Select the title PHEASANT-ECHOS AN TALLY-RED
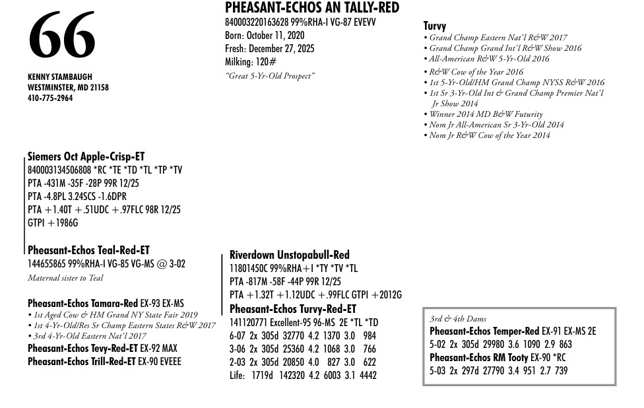tap(311, 8)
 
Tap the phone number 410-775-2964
tap(50, 98)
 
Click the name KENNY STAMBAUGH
tap(59, 77)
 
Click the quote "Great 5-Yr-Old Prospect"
tap(270, 76)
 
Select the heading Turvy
tap(434, 26)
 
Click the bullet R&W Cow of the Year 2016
tap(476, 72)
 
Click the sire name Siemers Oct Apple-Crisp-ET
tap(86, 157)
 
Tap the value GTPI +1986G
tap(53, 223)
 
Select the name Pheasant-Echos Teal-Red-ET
tap(88, 250)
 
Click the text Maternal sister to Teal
tap(65, 278)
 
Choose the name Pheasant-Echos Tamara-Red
tap(82, 304)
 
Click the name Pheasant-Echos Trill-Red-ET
tap(82, 362)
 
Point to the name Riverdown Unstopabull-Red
tap(289, 255)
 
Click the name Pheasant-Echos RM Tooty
tap(479, 358)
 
